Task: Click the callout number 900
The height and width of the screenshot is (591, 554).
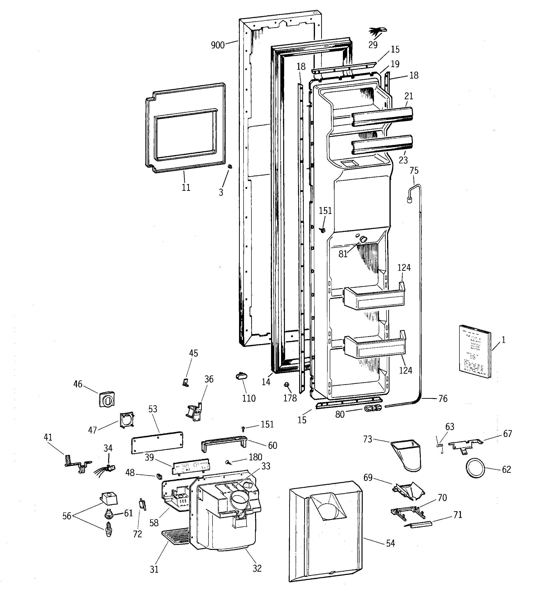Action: point(217,45)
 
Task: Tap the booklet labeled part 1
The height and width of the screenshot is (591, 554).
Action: point(475,352)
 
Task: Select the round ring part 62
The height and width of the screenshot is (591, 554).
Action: point(475,468)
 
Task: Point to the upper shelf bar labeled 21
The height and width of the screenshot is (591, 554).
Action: point(382,117)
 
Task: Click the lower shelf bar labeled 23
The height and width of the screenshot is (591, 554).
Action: point(382,145)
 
